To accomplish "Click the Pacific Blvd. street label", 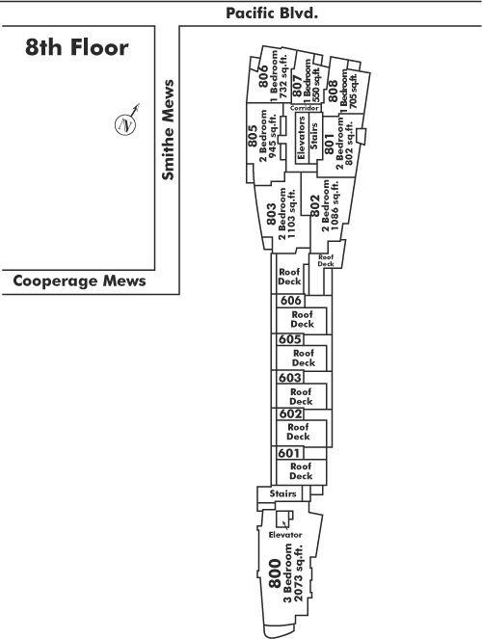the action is [272, 13].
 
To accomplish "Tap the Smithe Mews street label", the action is [168, 129].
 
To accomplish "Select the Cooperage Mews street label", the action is [79, 280].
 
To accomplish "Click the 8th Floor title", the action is [76, 47].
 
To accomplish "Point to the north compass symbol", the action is [126, 122].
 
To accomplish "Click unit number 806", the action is [263, 76].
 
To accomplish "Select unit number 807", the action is [298, 86].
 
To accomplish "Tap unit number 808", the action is [333, 91].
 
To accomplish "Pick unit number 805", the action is [253, 136].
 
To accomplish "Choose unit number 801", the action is [330, 145].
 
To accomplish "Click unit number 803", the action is [271, 214].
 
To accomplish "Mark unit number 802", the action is [315, 206].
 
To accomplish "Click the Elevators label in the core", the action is [302, 137].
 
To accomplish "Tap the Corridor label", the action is [305, 108].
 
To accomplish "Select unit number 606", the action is [291, 301].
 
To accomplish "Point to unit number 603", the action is [290, 378].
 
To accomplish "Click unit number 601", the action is [289, 453].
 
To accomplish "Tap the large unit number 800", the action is [275, 573].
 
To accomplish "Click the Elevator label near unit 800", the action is [285, 535].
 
